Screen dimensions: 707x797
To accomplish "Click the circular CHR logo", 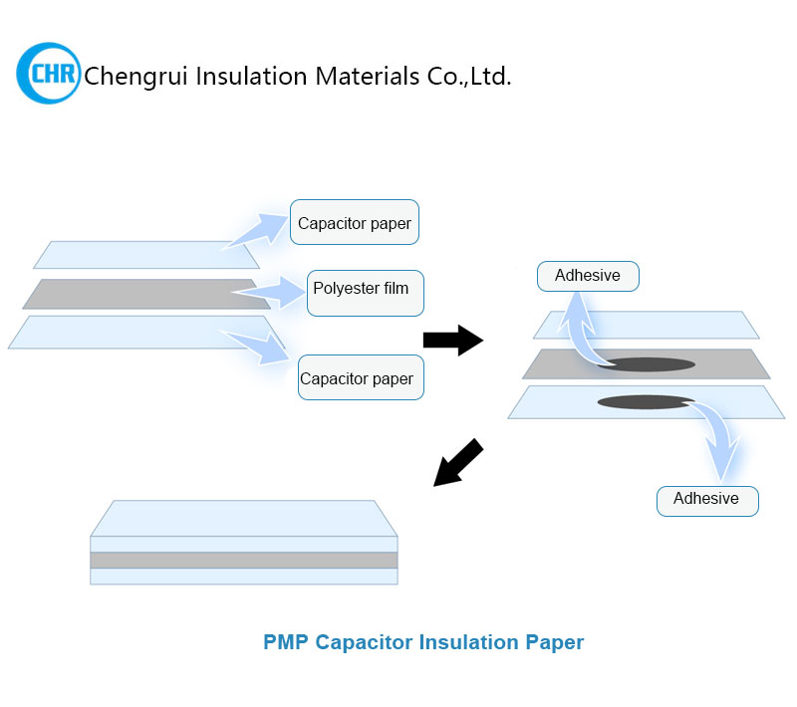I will pos(48,74).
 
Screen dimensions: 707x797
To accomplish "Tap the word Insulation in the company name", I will pos(243,76).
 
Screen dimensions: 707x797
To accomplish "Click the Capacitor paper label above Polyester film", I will pos(354,223).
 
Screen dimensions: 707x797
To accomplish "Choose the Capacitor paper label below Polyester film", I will pos(356,378).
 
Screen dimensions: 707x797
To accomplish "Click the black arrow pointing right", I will pos(452,341).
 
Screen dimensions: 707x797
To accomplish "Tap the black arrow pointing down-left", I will pos(458,463).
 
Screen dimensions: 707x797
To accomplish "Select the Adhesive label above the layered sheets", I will pos(587,276).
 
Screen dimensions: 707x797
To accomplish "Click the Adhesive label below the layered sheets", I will pos(706,499).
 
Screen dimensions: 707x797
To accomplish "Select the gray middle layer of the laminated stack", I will pos(243,560).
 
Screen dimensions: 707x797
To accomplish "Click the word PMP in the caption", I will pos(286,642).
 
